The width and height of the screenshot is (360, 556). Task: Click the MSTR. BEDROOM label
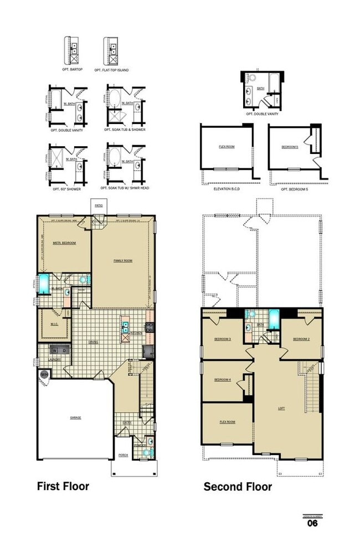coord(64,243)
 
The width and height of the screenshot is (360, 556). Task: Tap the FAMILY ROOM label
coord(122,260)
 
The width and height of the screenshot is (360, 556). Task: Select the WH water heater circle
coord(44,374)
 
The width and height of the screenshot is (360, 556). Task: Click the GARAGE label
coord(75,418)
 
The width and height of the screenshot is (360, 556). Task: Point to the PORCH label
coord(124,455)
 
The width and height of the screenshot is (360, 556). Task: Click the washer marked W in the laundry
coord(54,351)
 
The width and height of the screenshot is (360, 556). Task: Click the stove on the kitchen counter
coord(150,327)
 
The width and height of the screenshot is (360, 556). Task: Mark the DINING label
coord(93,342)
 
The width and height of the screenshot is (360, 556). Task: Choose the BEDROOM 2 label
coord(301,339)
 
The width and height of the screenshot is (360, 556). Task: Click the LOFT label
coord(281,408)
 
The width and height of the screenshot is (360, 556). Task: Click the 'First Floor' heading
coord(63,486)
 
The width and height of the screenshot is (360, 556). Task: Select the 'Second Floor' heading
coord(238,487)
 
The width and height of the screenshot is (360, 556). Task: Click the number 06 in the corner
coord(312,523)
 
